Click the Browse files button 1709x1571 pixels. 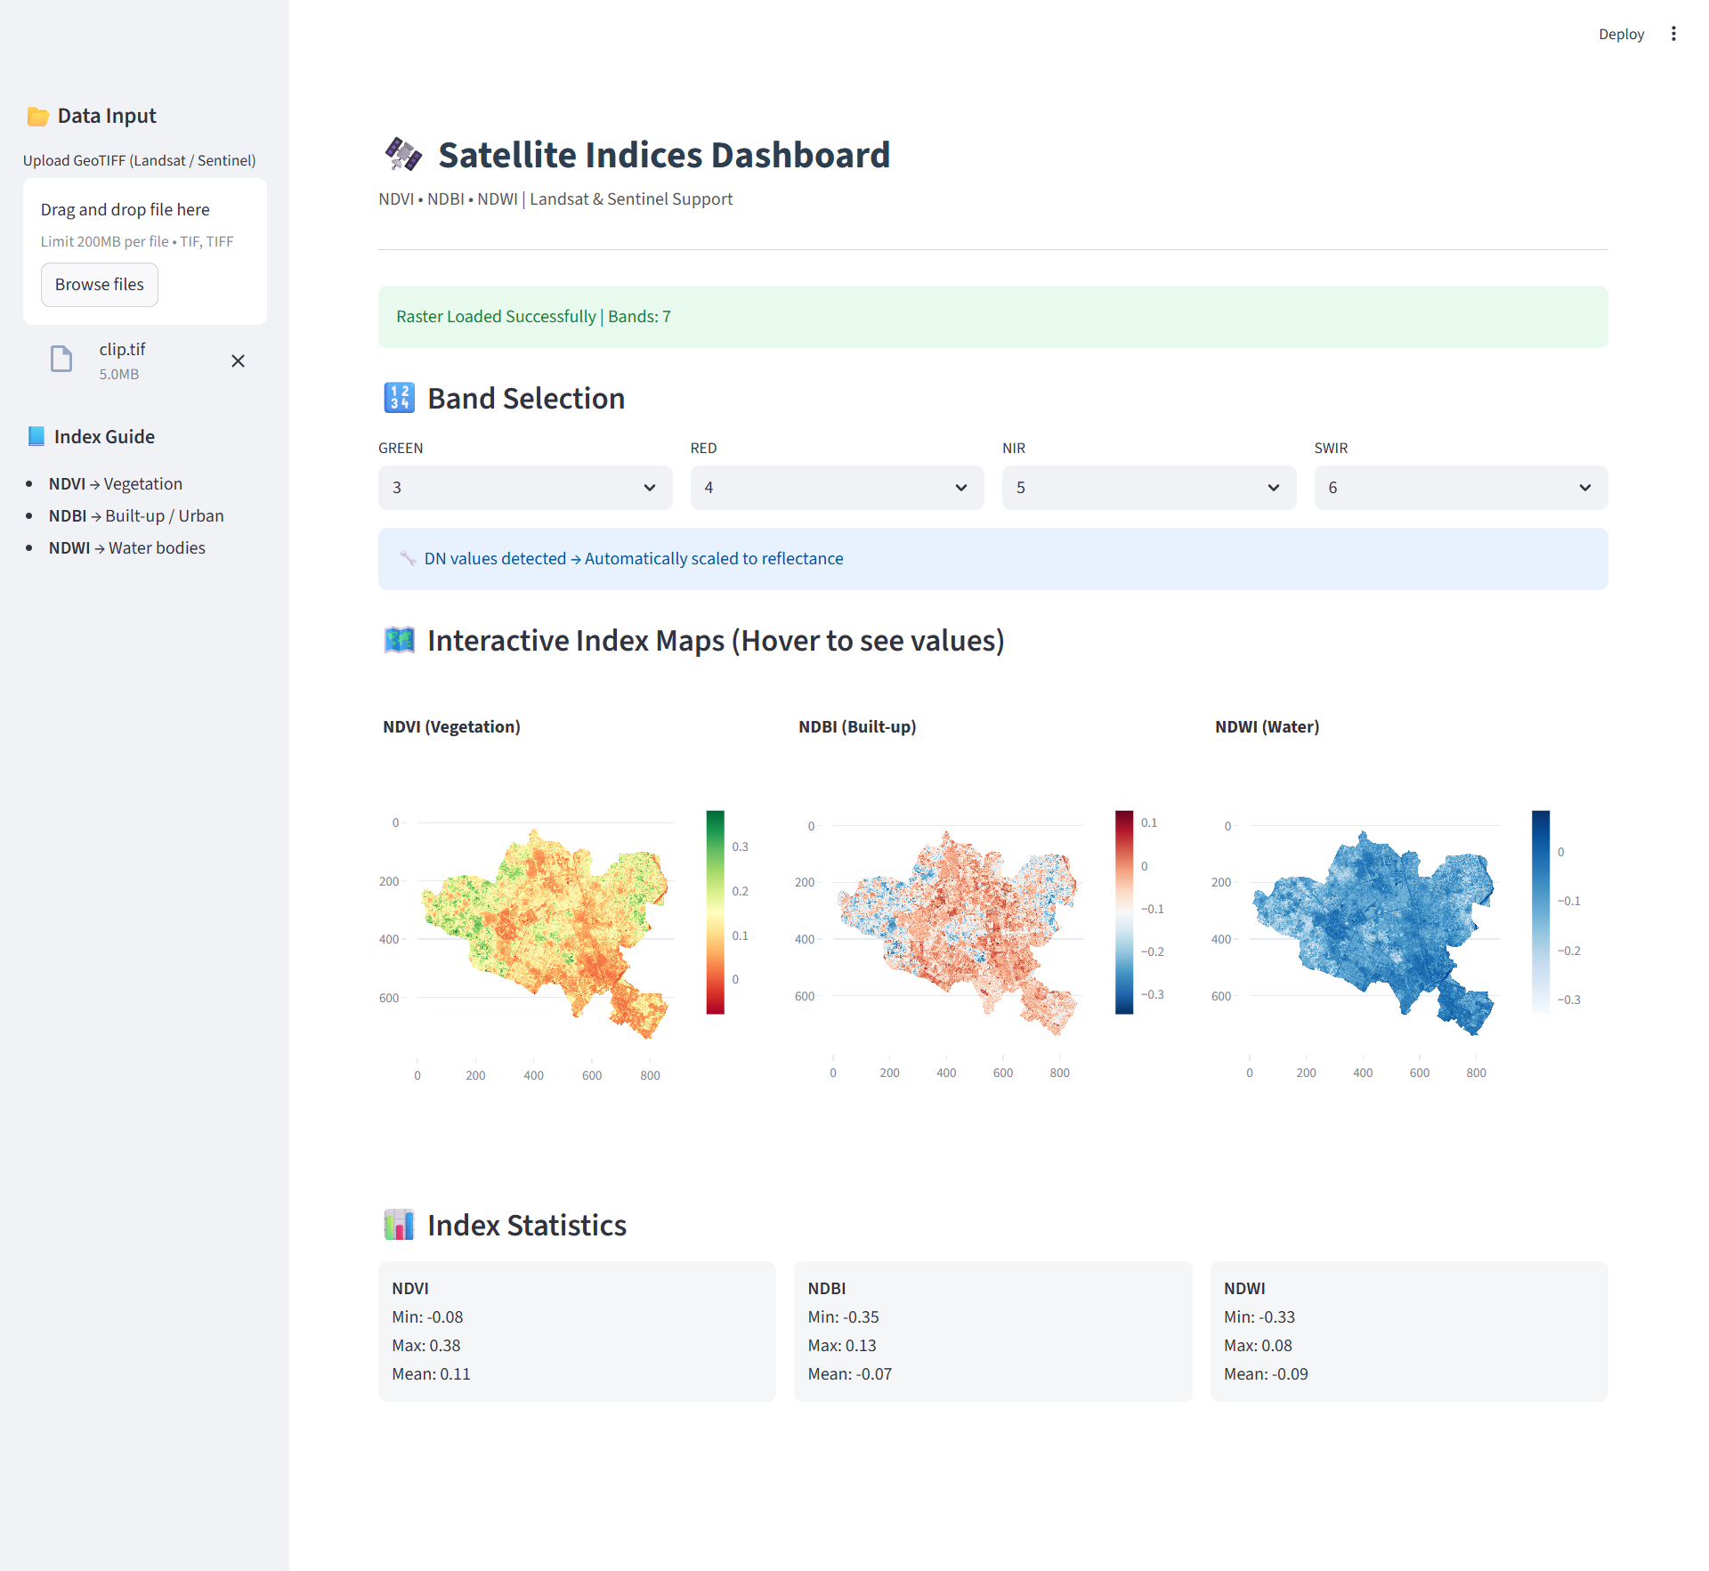pos(99,285)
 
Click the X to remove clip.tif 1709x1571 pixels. pos(238,360)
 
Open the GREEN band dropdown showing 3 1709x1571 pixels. pos(524,488)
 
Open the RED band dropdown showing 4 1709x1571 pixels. pos(836,488)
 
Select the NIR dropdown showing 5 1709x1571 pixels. pos(1148,488)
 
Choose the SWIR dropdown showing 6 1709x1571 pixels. pos(1460,488)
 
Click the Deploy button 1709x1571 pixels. pos(1620,34)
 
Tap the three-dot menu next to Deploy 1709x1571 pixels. pos(1673,34)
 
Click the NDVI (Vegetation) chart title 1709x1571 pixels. pos(451,726)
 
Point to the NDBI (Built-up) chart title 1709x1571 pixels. pos(856,726)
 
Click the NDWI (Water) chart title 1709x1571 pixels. pos(1266,726)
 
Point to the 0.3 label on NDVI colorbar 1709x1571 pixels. pos(740,846)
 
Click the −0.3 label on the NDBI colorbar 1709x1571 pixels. pos(1152,994)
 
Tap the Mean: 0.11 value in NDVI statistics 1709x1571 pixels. pos(431,1373)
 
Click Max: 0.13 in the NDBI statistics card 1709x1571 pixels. pos(841,1345)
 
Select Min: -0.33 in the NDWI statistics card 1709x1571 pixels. pos(1259,1316)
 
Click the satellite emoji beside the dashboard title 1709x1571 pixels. pos(403,154)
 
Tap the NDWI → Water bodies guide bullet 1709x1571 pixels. pos(126,547)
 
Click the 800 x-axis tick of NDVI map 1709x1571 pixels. pos(650,1075)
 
